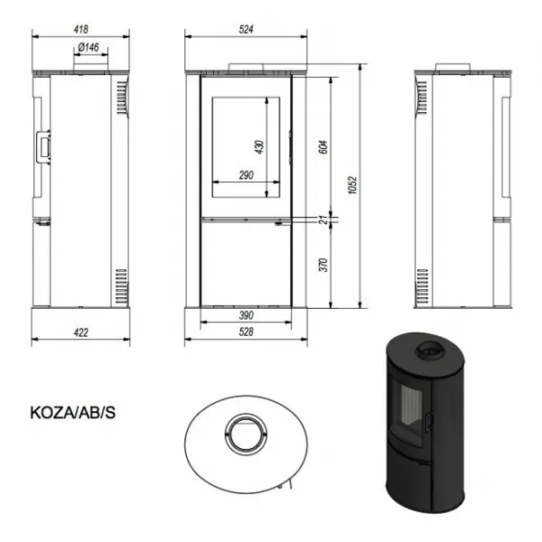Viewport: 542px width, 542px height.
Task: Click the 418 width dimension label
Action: coord(81,30)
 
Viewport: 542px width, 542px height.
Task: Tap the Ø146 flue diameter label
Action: coord(89,47)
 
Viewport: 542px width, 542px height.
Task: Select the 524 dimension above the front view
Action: coord(246,30)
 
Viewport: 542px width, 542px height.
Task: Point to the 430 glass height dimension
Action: coord(259,147)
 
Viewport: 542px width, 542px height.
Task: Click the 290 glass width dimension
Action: coord(246,175)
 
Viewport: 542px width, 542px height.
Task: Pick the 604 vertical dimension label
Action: coord(322,147)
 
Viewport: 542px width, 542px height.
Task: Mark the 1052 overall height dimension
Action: coord(352,185)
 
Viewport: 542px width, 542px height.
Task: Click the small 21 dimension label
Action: coord(323,220)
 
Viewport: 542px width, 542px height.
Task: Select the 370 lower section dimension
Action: coord(323,265)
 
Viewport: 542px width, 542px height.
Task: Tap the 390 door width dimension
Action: coord(246,315)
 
